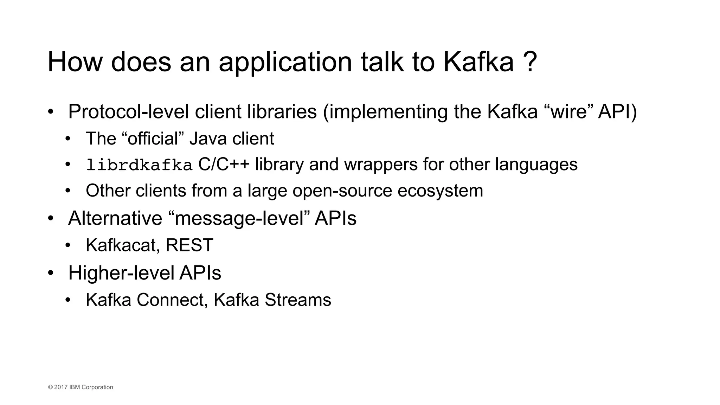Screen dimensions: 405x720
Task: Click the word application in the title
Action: [285, 62]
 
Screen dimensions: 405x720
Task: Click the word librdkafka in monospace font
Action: [139, 165]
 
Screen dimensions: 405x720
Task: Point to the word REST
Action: [189, 245]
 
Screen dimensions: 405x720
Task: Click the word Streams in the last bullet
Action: [298, 300]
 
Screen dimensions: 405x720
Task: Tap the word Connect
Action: [170, 300]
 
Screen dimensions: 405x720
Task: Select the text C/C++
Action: [224, 164]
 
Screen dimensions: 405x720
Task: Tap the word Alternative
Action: [115, 218]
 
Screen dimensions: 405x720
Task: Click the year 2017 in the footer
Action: [61, 387]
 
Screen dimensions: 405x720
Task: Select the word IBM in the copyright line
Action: [75, 387]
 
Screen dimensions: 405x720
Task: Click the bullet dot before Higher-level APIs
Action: [51, 273]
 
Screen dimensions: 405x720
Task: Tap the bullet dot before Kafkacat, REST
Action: [68, 245]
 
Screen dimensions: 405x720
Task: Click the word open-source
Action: [342, 191]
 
